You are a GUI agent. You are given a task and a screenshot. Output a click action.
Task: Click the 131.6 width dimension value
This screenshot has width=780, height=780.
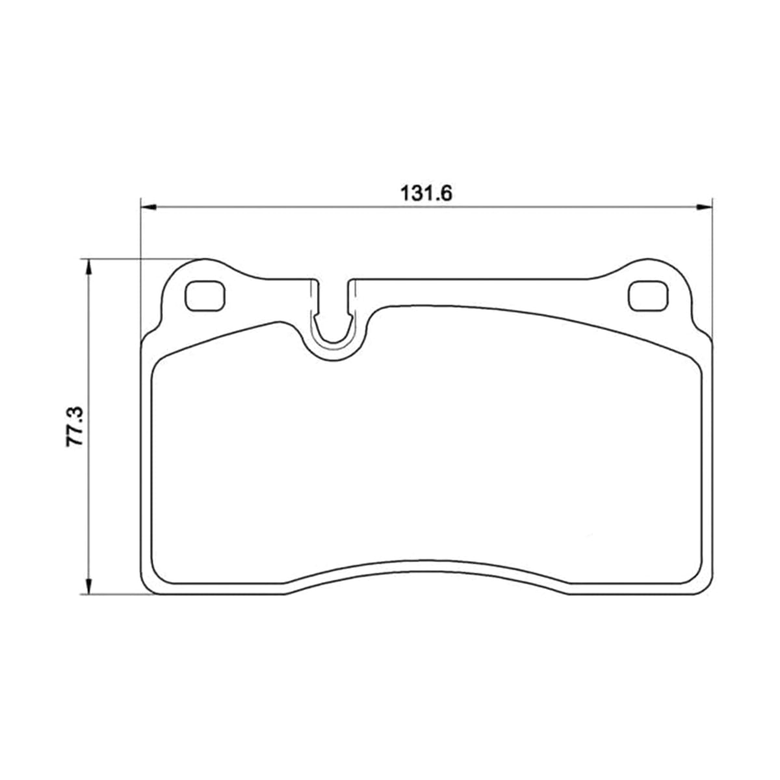[x=426, y=194]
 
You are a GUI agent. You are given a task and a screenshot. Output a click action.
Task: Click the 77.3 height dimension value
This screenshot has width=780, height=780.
[x=75, y=426]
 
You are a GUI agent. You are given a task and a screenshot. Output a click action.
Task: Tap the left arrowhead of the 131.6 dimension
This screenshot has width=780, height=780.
[x=148, y=207]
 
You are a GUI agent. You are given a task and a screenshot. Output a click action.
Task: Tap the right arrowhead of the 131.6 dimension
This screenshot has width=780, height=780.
[x=704, y=207]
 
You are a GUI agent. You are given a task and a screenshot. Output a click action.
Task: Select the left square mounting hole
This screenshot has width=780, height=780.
[x=205, y=296]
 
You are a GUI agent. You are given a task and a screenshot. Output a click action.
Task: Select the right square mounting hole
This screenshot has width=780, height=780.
[x=647, y=296]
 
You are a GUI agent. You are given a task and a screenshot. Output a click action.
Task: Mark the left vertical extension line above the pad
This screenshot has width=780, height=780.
[x=140, y=271]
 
